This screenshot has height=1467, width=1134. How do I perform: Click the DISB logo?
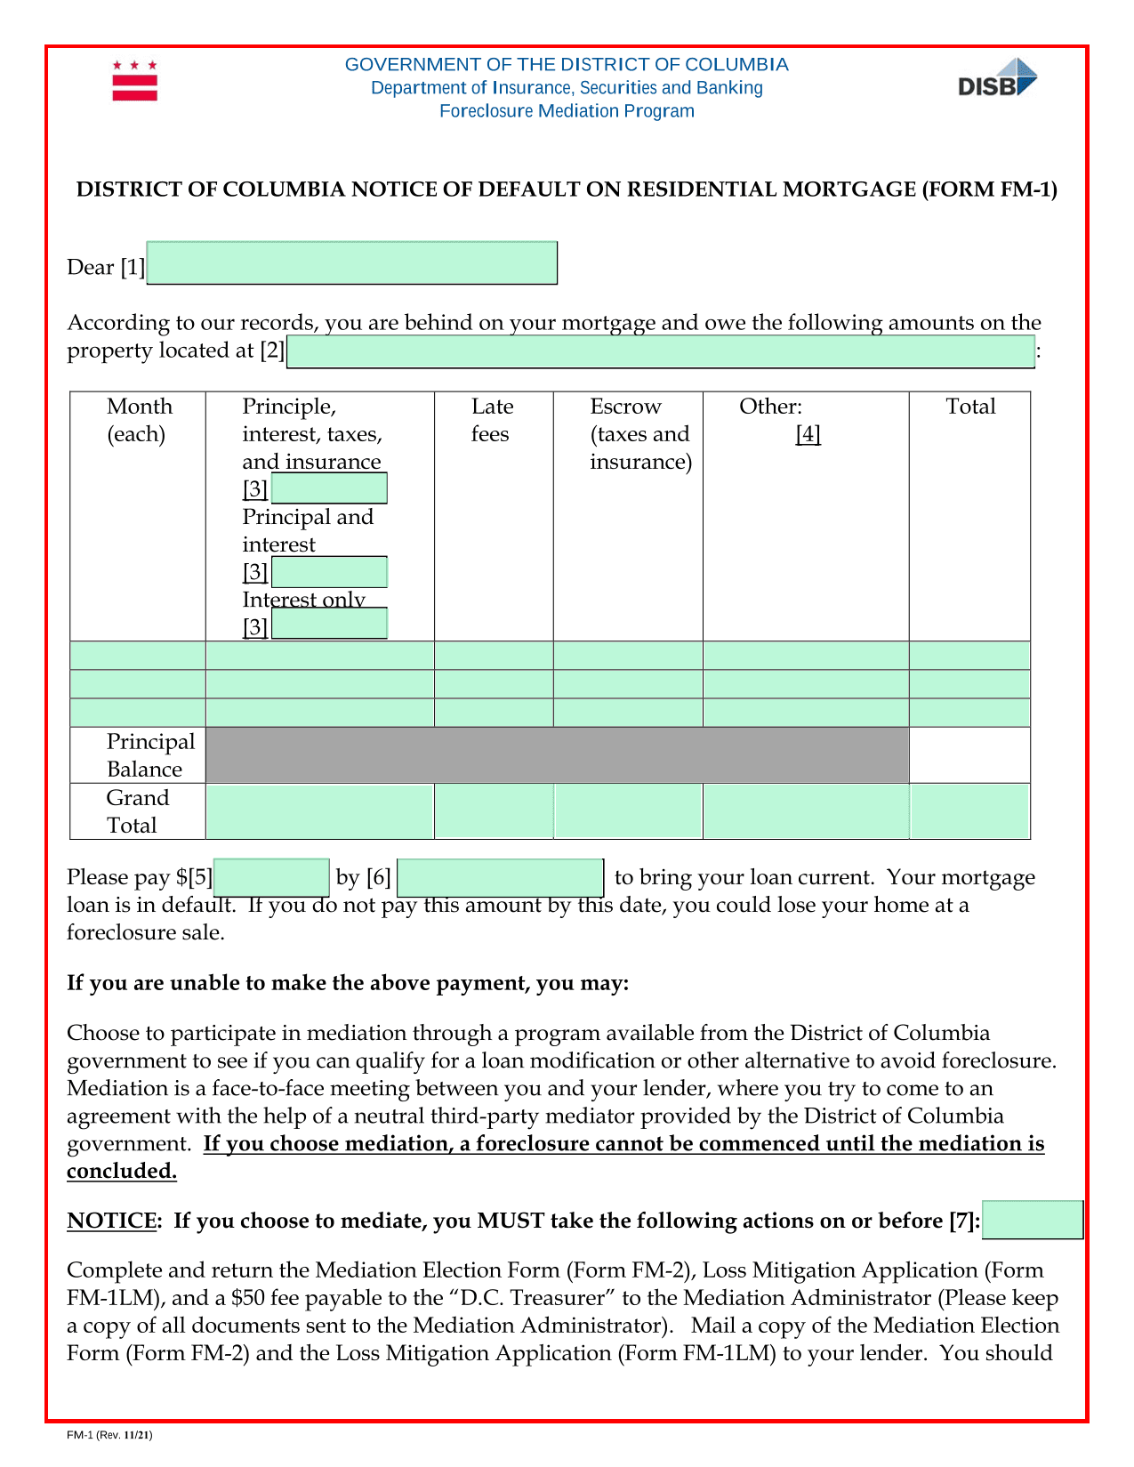coord(997,78)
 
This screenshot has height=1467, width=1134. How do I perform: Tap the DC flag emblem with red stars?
coord(134,81)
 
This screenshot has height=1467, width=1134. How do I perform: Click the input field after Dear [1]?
coord(351,263)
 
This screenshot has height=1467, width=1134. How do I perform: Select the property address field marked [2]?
coord(661,351)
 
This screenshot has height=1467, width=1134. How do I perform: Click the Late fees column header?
coord(492,420)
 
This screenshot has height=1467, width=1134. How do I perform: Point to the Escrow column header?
coord(639,433)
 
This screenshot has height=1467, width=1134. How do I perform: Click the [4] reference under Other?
coord(808,434)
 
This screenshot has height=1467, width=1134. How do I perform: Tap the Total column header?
coord(970,407)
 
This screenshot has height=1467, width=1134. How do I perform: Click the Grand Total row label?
coord(137,811)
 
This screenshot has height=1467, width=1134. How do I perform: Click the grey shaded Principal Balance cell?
coord(557,755)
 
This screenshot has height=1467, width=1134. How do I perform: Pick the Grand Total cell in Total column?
coord(969,811)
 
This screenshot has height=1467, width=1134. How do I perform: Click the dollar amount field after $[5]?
coord(272,877)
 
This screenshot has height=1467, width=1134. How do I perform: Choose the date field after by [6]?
coord(500,877)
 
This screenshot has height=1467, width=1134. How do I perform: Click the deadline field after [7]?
coord(1033,1220)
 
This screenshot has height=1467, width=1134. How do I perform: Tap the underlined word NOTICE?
coord(111,1221)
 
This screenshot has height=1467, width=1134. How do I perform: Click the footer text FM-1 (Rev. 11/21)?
coord(109,1435)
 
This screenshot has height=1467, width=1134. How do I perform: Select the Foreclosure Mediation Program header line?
coord(567,111)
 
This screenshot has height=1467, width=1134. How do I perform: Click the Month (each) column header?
coord(139,420)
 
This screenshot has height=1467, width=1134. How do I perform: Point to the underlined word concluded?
coord(122,1171)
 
